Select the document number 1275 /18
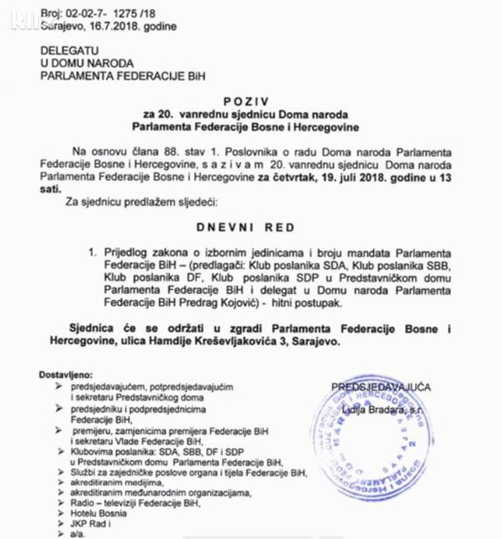point(131,13)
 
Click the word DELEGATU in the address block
point(70,52)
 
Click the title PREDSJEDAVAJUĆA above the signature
point(381,387)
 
